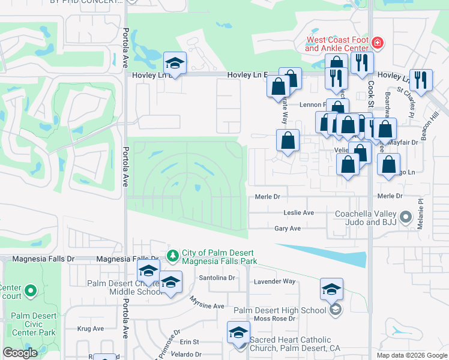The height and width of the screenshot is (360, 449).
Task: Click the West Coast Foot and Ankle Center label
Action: coord(336,44)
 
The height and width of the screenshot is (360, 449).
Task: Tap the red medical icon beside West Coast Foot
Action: coord(378,43)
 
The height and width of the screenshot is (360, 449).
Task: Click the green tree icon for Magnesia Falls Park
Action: coord(173,256)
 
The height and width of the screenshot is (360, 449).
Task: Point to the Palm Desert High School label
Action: coord(280,310)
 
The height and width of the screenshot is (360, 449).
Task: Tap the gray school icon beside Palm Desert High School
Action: coord(336,310)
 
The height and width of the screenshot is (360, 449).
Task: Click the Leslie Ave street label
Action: coord(298,213)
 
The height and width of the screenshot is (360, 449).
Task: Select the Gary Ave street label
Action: coord(287,229)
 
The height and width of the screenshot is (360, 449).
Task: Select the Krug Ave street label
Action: coord(91,328)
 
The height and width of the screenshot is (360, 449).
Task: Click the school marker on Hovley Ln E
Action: coord(175,63)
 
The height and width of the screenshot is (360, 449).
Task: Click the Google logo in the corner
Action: coord(20,353)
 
